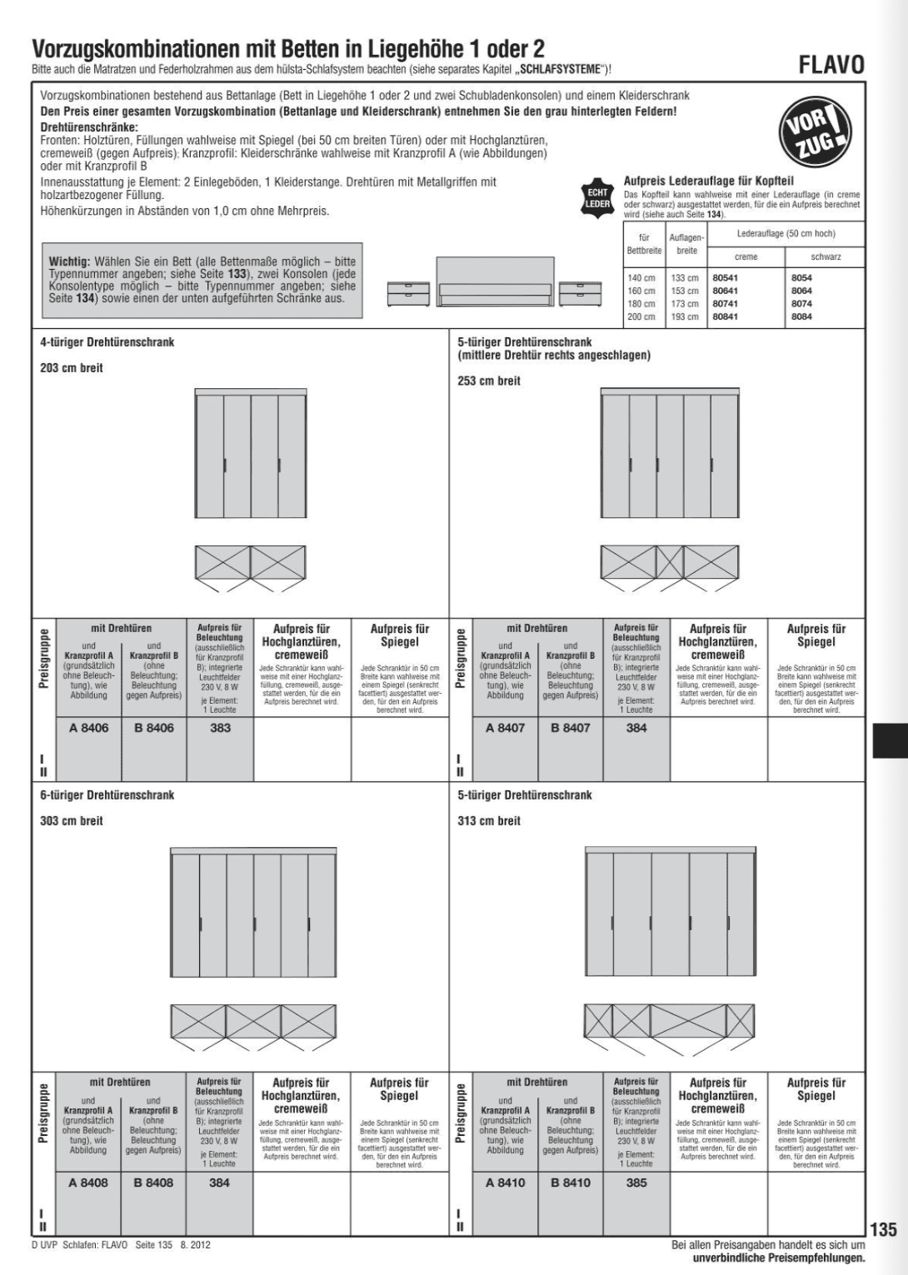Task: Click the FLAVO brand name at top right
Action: pyautogui.click(x=831, y=65)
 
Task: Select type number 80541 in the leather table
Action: pyautogui.click(x=726, y=278)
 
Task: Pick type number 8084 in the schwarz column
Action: pyautogui.click(x=801, y=317)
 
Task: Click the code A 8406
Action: pyautogui.click(x=88, y=728)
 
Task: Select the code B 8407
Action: pyautogui.click(x=571, y=728)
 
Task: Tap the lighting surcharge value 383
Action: pyautogui.click(x=220, y=728)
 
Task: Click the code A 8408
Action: pyautogui.click(x=88, y=1183)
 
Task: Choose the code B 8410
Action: pyautogui.click(x=571, y=1183)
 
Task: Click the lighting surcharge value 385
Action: pyautogui.click(x=636, y=1183)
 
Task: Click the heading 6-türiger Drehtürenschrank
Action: pyautogui.click(x=107, y=795)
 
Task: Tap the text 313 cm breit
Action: pyautogui.click(x=489, y=821)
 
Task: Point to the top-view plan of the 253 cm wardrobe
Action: pyautogui.click(x=670, y=565)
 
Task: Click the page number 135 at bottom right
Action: pyautogui.click(x=883, y=1230)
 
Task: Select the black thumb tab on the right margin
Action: pyautogui.click(x=889, y=740)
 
